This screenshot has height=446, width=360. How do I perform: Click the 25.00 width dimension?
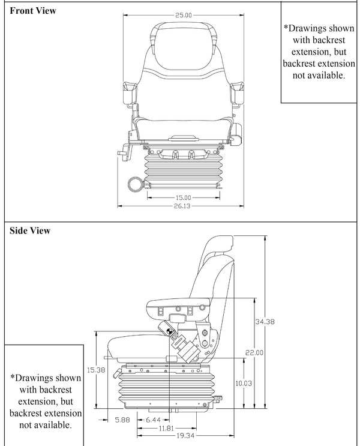(x=184, y=16)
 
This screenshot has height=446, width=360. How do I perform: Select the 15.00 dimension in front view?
(x=184, y=197)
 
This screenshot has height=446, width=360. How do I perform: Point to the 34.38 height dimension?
(x=265, y=322)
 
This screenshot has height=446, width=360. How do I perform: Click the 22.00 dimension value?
(x=254, y=352)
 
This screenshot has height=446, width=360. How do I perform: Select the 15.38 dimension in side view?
(x=97, y=370)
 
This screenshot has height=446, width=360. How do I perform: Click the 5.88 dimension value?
(x=121, y=420)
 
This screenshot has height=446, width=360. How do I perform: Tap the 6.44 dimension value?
(x=155, y=420)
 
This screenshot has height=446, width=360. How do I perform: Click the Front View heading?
(x=33, y=11)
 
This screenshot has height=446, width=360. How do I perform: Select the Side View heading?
(x=30, y=231)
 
